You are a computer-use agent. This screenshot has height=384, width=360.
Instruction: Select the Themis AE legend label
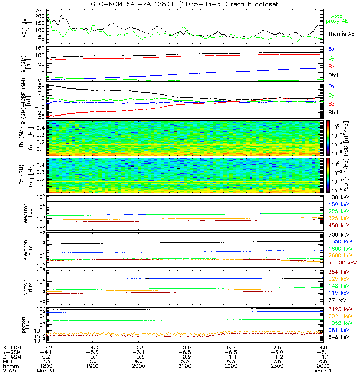[x=341, y=34]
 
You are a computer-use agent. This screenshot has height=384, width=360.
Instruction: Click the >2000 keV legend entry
[x=342, y=263]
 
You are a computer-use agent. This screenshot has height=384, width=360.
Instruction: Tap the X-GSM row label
[x=12, y=347]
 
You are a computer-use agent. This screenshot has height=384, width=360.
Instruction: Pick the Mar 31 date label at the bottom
[x=47, y=371]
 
